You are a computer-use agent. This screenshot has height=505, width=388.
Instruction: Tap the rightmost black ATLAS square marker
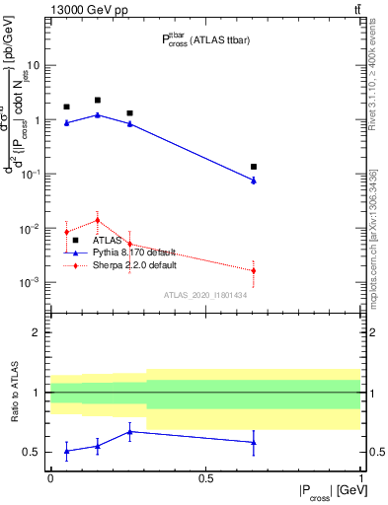(x=254, y=167)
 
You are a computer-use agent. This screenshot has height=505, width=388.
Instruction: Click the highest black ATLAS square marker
(x=98, y=101)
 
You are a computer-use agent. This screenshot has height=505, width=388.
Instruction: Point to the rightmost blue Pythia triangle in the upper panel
(x=254, y=180)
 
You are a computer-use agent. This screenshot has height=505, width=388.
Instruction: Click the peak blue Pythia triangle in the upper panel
(x=98, y=114)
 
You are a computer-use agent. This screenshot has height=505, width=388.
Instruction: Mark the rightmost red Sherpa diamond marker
(x=254, y=270)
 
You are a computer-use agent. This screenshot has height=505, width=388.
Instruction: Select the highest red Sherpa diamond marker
(x=98, y=220)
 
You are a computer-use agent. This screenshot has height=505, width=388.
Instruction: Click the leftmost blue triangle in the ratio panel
(x=66, y=451)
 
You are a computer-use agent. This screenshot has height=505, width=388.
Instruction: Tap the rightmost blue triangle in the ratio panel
(x=254, y=442)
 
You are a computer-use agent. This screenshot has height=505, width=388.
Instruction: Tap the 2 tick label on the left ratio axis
(x=37, y=332)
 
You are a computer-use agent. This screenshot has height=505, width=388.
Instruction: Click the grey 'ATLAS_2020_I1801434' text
(x=204, y=295)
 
